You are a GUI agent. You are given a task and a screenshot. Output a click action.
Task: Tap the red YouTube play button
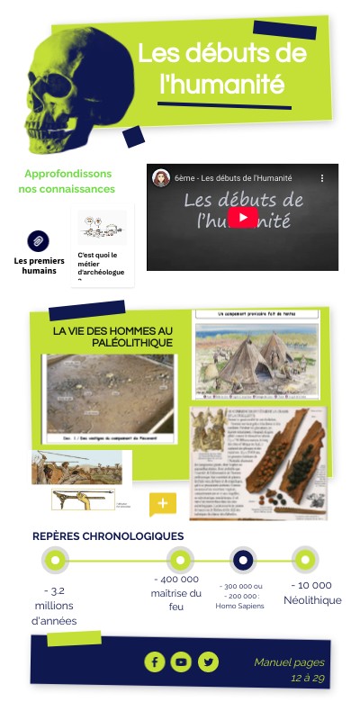pyautogui.click(x=242, y=219)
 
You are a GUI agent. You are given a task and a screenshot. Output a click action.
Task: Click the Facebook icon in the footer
pyautogui.click(x=155, y=662)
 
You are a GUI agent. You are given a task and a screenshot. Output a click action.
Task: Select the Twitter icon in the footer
pyautogui.click(x=209, y=662)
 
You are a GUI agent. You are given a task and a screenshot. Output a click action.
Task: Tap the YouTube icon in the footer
pyautogui.click(x=182, y=662)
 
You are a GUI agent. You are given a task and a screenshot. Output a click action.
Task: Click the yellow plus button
pyautogui.click(x=162, y=503)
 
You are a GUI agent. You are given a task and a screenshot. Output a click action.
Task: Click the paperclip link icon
pyautogui.click(x=39, y=241)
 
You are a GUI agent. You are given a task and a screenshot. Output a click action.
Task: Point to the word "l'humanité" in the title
pyautogui.click(x=221, y=85)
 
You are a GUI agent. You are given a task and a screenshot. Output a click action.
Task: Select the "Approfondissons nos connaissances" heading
pyautogui.click(x=69, y=181)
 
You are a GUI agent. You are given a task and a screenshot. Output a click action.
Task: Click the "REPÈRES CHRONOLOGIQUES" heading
pyautogui.click(x=108, y=536)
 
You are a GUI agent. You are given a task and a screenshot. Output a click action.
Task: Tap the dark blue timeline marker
pyautogui.click(x=242, y=560)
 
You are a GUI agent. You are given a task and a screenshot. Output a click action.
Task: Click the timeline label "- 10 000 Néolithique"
pyautogui.click(x=312, y=592)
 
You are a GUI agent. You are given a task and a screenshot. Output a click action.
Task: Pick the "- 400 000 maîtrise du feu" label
pyautogui.click(x=176, y=593)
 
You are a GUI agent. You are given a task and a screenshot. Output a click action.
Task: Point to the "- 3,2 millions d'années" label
pyautogui.click(x=54, y=606)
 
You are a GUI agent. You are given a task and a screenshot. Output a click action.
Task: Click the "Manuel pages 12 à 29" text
pyautogui.click(x=289, y=670)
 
